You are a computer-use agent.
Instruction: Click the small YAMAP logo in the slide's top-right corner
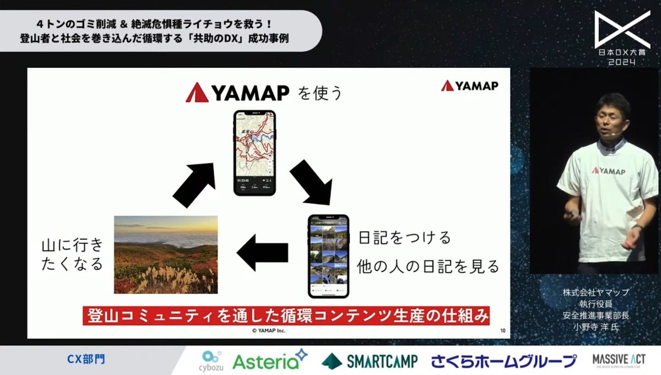[469, 85]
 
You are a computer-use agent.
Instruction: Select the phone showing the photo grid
[328, 256]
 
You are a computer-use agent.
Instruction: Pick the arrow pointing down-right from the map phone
[311, 183]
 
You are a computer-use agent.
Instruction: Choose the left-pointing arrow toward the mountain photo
[263, 253]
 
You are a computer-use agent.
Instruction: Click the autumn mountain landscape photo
[166, 254]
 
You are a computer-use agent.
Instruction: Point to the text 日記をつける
[404, 238]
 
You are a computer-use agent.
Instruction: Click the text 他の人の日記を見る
[428, 267]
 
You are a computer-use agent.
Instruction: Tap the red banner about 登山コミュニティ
[286, 316]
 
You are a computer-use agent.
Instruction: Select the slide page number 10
[502, 331]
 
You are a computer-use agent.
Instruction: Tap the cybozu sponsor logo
[212, 361]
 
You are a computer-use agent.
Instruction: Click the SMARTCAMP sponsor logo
[370, 361]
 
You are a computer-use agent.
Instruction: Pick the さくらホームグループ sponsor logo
[503, 361]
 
